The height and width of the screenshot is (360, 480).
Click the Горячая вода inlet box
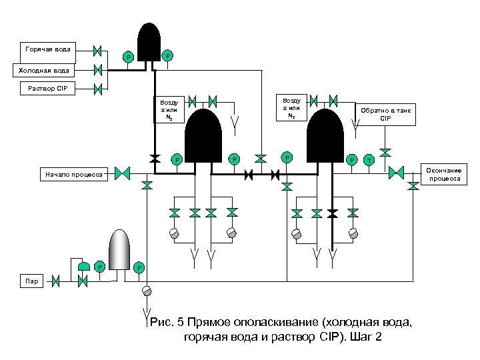(47, 49)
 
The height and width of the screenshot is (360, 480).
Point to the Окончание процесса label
(448, 175)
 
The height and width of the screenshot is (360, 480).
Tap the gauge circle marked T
(369, 160)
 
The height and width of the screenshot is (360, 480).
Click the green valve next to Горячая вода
(97, 50)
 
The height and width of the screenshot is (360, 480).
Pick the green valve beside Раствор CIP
(97, 88)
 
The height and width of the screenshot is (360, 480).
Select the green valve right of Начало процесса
(122, 173)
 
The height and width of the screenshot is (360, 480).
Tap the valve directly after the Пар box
(57, 281)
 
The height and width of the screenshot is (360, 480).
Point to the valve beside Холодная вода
(97, 69)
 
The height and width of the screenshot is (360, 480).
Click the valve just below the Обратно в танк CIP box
(385, 151)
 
